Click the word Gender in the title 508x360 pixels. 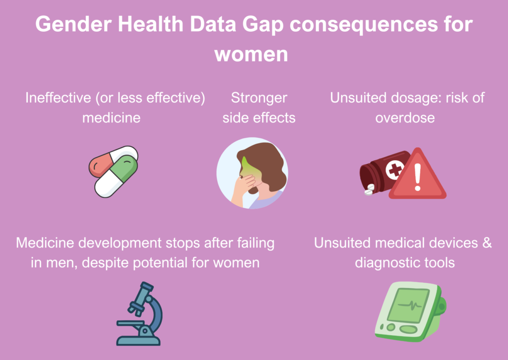click(x=73, y=24)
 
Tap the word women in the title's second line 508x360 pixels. click(x=251, y=54)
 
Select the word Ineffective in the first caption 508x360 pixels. click(x=59, y=98)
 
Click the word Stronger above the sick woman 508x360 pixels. click(x=259, y=98)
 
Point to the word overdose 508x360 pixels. click(x=405, y=118)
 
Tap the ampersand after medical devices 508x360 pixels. click(x=487, y=243)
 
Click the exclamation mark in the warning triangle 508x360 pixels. click(x=418, y=177)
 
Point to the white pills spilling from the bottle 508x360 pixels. click(x=369, y=190)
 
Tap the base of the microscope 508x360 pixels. click(x=138, y=341)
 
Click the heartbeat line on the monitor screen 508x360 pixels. click(x=410, y=305)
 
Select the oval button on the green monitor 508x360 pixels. click(x=409, y=329)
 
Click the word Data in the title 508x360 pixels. click(x=213, y=24)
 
